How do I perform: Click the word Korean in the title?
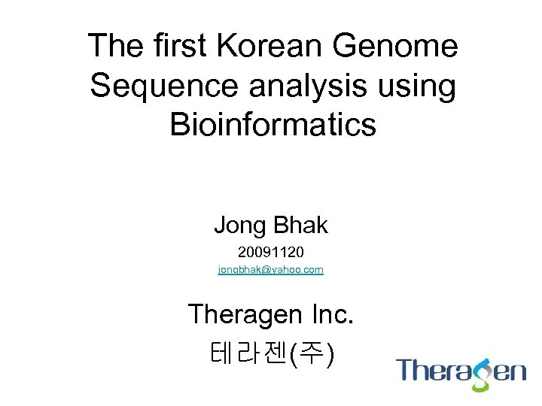click(263, 47)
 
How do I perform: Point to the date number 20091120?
click(271, 249)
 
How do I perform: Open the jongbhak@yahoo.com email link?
click(271, 269)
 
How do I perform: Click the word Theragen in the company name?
click(245, 314)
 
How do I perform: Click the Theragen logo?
click(461, 372)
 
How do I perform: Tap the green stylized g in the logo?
click(480, 374)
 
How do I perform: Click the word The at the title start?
click(114, 47)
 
